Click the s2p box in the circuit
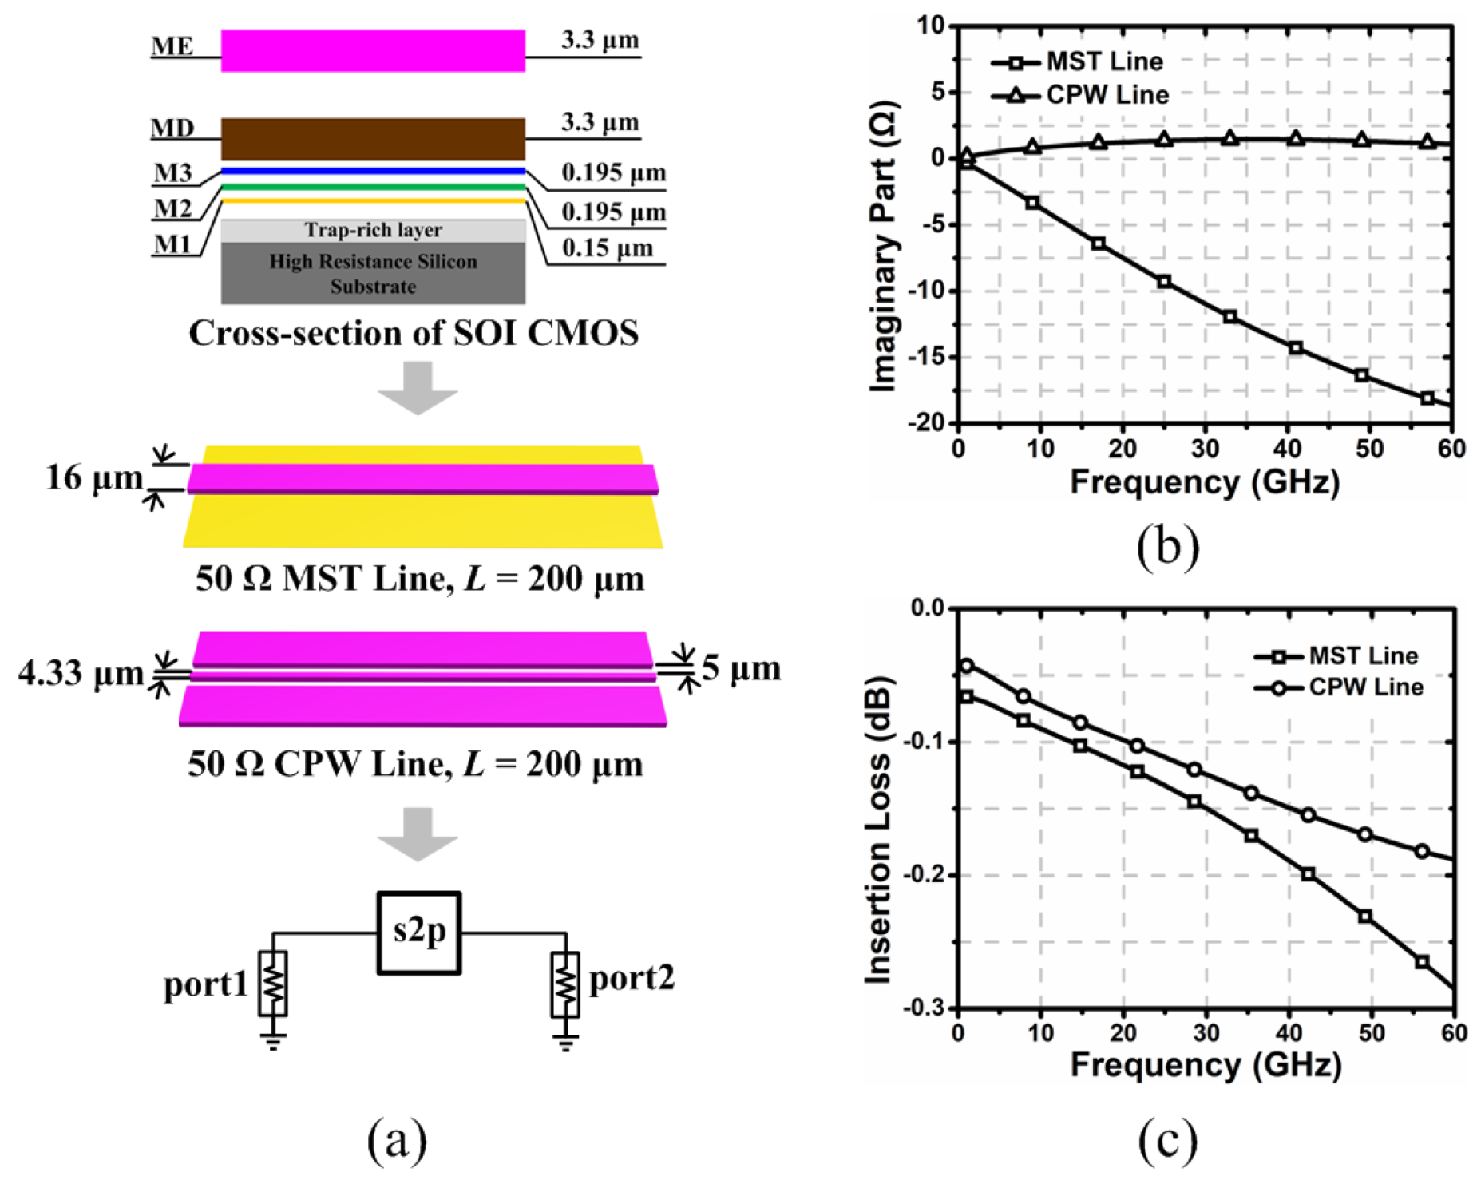click(x=418, y=933)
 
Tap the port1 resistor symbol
click(x=273, y=984)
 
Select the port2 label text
click(x=632, y=978)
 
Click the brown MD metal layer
click(x=373, y=140)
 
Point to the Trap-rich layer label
click(x=373, y=231)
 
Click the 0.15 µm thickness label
click(x=607, y=248)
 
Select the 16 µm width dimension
click(x=94, y=479)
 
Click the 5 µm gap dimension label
click(x=741, y=669)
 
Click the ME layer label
click(x=172, y=46)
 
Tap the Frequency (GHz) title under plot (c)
click(x=1206, y=1065)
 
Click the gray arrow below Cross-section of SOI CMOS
click(x=418, y=387)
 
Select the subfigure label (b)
click(x=1167, y=546)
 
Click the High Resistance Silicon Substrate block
click(x=373, y=274)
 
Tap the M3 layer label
click(x=173, y=172)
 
